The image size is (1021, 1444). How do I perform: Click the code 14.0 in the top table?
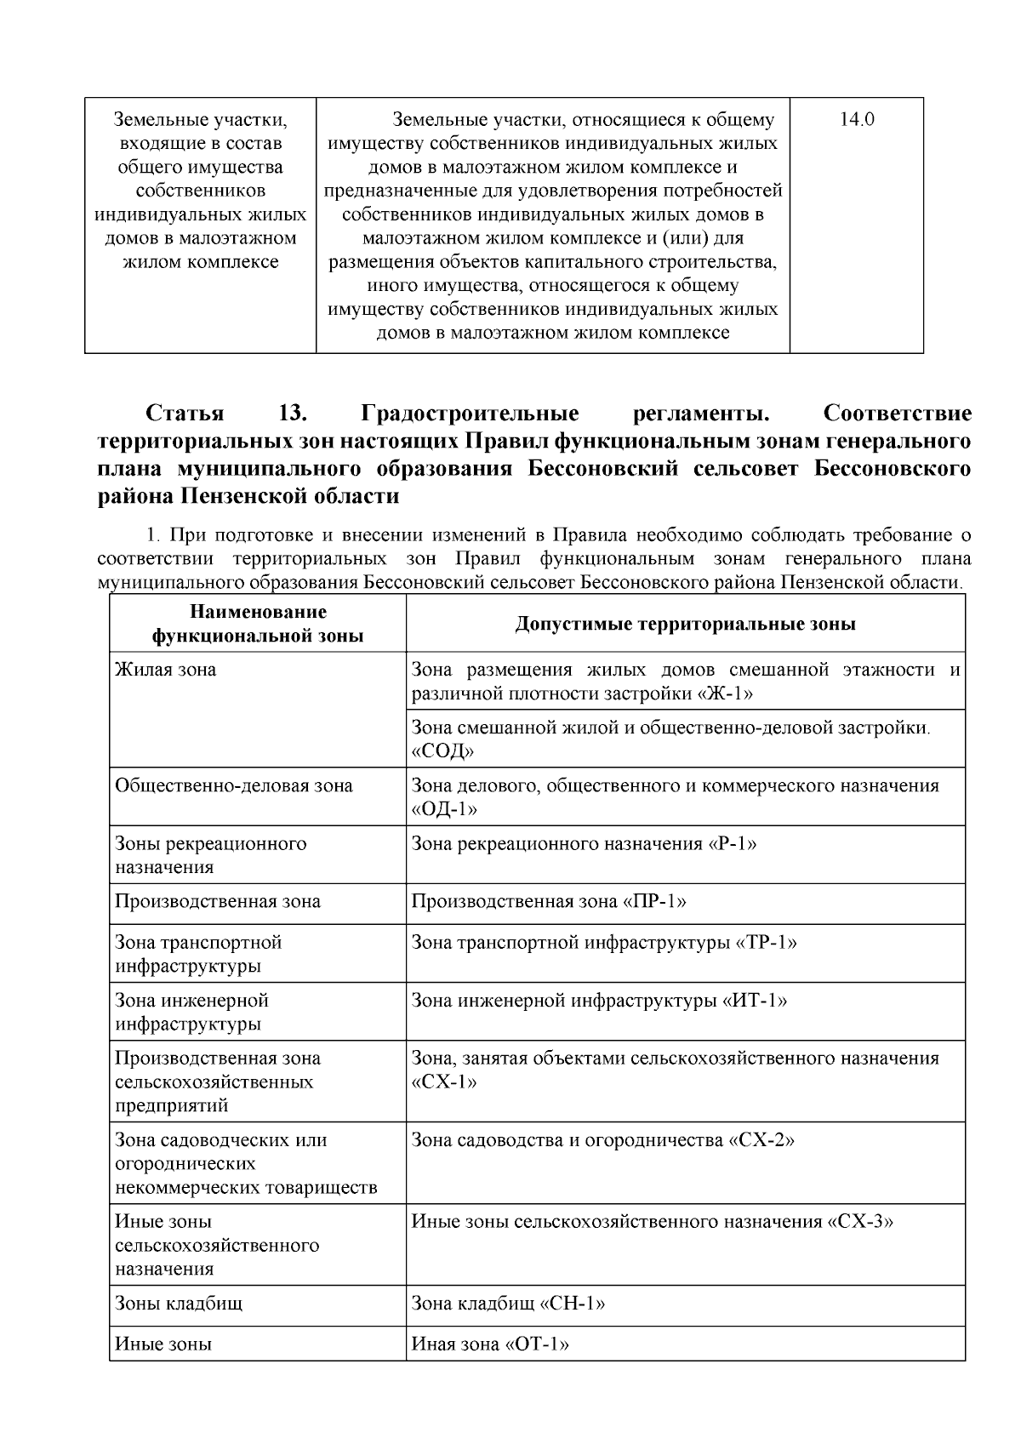(x=857, y=120)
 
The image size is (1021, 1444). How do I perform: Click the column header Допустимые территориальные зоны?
(x=685, y=624)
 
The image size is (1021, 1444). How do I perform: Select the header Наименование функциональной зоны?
(x=258, y=624)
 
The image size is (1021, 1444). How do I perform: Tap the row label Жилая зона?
(x=166, y=670)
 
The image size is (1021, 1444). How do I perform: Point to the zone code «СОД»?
(x=442, y=751)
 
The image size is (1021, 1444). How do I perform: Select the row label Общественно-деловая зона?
(x=234, y=785)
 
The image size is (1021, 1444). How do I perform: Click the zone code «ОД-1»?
(x=444, y=809)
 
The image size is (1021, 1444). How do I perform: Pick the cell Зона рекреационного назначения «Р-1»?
(x=585, y=844)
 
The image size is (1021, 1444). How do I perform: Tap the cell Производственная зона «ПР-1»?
(x=550, y=901)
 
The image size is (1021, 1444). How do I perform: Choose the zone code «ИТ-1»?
(x=755, y=1001)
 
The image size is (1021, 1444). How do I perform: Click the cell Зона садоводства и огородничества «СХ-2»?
(x=603, y=1140)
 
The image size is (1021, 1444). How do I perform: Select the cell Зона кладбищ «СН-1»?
(x=509, y=1304)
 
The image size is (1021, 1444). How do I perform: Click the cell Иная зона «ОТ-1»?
(x=490, y=1344)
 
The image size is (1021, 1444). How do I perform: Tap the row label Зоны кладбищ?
(x=180, y=1304)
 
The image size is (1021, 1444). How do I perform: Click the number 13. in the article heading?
(x=292, y=414)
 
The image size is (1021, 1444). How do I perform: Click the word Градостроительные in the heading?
(x=471, y=414)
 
